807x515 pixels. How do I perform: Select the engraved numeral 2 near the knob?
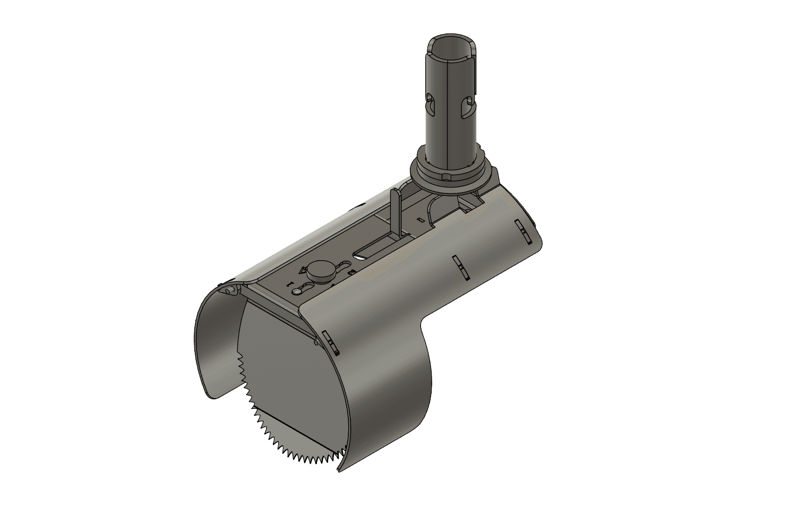coord(351,271)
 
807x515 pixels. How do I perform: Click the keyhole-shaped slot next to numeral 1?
coord(302,288)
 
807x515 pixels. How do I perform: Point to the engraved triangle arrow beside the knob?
coord(303,270)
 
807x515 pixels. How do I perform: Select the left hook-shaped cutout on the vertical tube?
coord(430,103)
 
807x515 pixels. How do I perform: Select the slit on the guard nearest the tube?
coord(522,231)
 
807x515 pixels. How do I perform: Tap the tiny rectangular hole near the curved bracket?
coord(419,219)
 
